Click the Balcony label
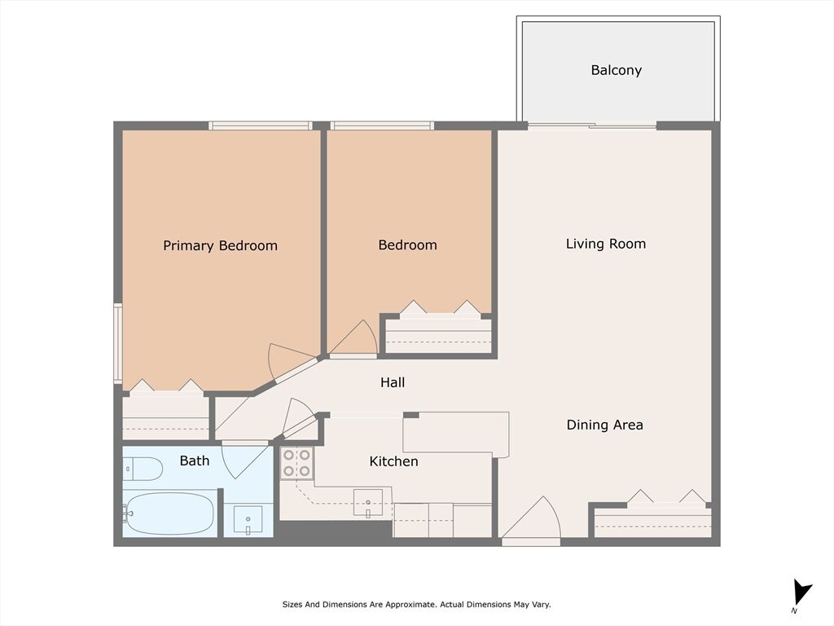[616, 70]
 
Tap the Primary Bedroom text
[220, 245]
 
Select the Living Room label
[606, 244]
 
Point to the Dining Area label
[605, 425]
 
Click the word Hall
[393, 382]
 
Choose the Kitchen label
[393, 461]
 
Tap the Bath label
[195, 461]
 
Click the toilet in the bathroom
[143, 469]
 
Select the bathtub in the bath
[168, 514]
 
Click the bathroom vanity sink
[248, 519]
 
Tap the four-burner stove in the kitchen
[296, 463]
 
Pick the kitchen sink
[368, 502]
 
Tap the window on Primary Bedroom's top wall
[261, 126]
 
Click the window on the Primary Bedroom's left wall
[118, 343]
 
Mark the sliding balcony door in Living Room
[592, 126]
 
